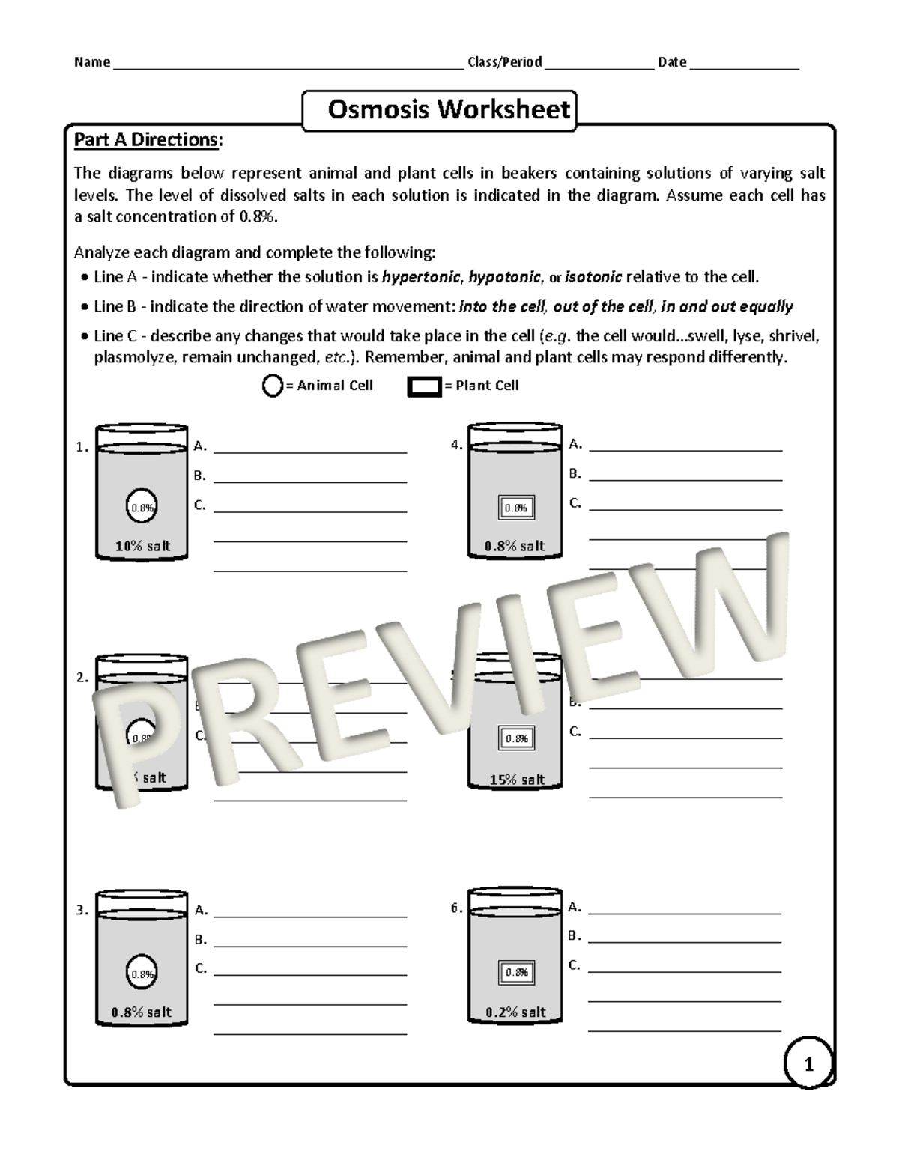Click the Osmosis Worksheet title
(x=449, y=110)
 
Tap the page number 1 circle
(x=808, y=1063)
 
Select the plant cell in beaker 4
(x=515, y=508)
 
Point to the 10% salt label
(x=142, y=546)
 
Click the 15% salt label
(x=517, y=780)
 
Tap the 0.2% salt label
(x=515, y=1012)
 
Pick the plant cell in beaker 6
(x=516, y=972)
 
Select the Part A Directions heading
(x=148, y=140)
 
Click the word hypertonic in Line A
(x=420, y=277)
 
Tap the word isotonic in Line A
(x=593, y=277)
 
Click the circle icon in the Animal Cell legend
(x=271, y=386)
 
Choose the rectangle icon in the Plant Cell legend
(x=424, y=386)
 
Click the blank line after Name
(x=288, y=66)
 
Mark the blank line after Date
(x=744, y=66)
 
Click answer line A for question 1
(x=310, y=451)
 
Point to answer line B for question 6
(x=685, y=941)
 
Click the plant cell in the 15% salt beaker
(x=516, y=738)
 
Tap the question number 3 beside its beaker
(x=82, y=911)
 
